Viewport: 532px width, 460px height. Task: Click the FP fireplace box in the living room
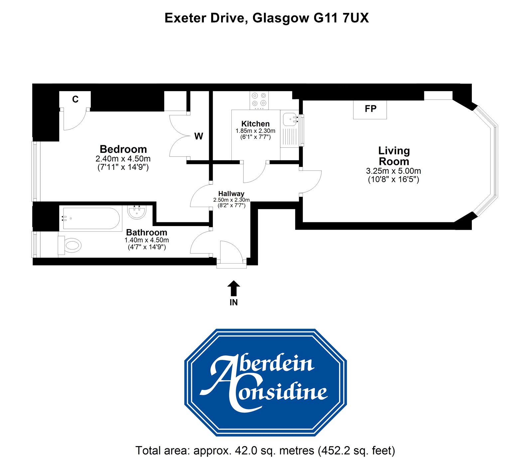[x=370, y=109]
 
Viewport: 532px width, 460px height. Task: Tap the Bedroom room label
[x=123, y=149]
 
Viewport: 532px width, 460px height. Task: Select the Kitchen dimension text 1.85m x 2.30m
[x=255, y=131]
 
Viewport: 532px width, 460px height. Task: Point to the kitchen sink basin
[x=289, y=119]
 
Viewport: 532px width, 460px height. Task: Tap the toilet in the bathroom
[x=70, y=246]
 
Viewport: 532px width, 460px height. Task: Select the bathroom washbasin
[x=137, y=212]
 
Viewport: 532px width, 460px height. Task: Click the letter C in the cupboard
[x=75, y=99]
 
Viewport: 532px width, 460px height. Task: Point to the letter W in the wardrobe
[x=199, y=136]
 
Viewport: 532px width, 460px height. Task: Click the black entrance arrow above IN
[x=234, y=288]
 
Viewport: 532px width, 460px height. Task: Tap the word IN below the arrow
[x=234, y=302]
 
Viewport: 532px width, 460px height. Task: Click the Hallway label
[x=231, y=193]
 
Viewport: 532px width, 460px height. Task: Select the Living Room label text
[x=394, y=156]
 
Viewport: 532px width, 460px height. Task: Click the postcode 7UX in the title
[x=355, y=18]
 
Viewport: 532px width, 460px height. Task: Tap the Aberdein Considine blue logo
[x=265, y=382]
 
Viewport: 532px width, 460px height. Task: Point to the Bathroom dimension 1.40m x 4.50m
[x=147, y=240]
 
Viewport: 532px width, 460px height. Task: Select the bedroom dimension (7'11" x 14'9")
[x=123, y=167]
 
